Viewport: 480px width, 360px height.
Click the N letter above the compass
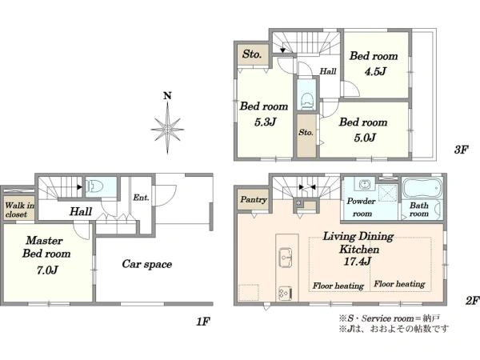pos(167,96)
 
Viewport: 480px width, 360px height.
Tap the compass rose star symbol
pos(167,129)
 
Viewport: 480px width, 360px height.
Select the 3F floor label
pos(461,150)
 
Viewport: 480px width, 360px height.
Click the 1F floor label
pos(203,322)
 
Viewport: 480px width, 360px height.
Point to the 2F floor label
pos(472,301)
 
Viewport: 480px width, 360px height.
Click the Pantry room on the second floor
pos(254,200)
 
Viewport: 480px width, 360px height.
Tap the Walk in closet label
pos(19,210)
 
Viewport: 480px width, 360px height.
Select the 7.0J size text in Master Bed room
pos(47,270)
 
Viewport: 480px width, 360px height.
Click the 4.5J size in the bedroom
pos(375,72)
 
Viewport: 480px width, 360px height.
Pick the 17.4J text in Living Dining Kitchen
pos(358,262)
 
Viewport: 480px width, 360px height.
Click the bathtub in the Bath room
pos(422,188)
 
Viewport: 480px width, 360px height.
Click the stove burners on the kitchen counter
pos(286,294)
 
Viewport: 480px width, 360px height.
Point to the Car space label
pos(147,264)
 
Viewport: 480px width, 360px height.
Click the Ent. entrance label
pos(141,198)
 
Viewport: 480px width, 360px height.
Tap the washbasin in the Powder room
pos(365,185)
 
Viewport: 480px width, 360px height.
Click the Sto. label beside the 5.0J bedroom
pos(306,133)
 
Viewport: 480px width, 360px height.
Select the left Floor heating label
pos(338,286)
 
